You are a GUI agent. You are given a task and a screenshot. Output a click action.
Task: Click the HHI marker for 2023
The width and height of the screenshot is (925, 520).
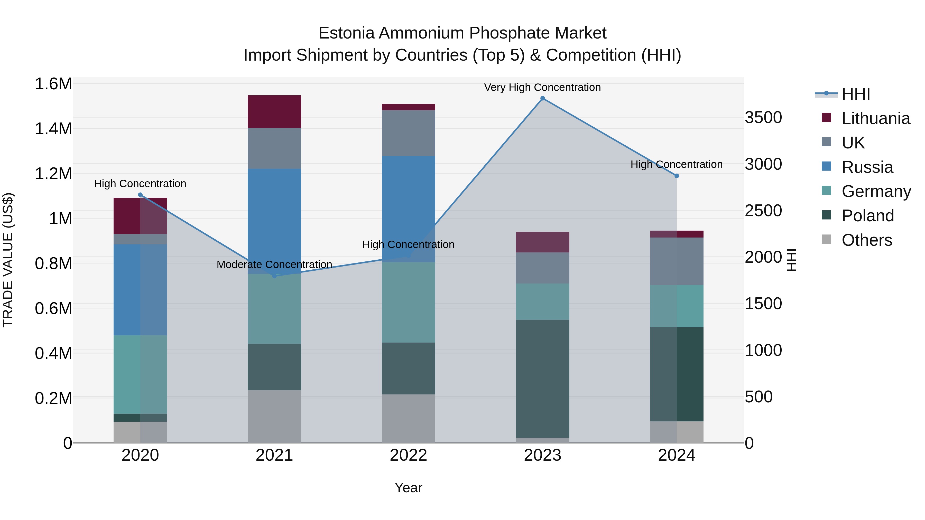(x=543, y=98)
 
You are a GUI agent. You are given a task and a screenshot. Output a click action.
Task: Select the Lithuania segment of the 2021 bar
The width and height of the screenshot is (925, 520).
(x=274, y=112)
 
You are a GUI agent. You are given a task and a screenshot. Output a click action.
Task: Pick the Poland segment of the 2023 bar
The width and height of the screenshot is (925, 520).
(x=543, y=378)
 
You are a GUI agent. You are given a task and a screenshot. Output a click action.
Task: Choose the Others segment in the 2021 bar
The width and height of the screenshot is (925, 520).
(x=274, y=416)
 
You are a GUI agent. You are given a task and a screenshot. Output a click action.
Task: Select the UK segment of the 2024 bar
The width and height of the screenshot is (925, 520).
(x=677, y=261)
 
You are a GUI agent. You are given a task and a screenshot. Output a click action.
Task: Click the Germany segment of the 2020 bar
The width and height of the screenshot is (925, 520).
(x=140, y=374)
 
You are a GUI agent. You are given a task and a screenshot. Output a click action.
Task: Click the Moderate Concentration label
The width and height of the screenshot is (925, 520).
(x=274, y=264)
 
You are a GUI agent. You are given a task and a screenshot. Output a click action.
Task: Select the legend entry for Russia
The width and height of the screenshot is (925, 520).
(x=867, y=167)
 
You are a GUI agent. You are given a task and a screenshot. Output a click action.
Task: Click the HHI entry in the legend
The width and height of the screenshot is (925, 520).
(x=856, y=94)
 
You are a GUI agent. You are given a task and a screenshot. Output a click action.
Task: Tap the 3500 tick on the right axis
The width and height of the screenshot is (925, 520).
(x=763, y=118)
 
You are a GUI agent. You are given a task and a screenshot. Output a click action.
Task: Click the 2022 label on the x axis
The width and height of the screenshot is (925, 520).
(x=408, y=455)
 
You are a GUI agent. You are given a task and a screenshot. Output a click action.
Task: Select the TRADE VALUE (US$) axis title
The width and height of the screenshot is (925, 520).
(x=8, y=260)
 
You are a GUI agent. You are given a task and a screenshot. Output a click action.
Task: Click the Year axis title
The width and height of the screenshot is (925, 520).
(x=408, y=488)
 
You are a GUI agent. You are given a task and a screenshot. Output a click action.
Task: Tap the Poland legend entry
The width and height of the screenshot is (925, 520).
(x=867, y=216)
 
